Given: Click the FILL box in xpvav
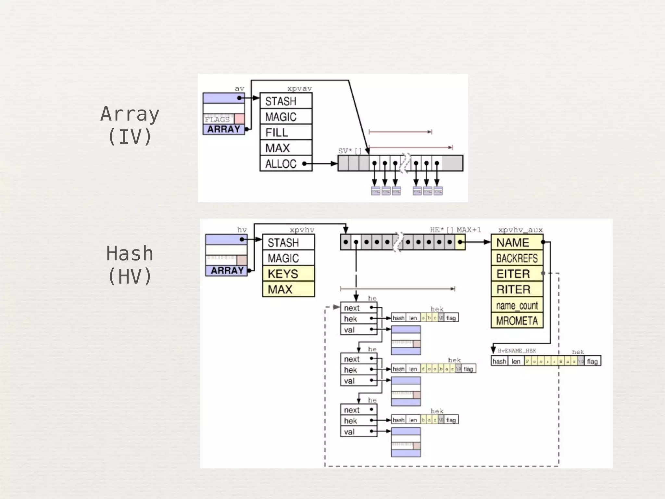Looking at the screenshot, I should [x=286, y=132].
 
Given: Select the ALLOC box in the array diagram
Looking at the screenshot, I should [x=286, y=163].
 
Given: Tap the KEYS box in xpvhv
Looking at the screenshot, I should [x=288, y=274].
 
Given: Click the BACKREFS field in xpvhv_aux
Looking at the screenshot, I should [x=517, y=258].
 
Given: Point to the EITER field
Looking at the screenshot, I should [x=517, y=274].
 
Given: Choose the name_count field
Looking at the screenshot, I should [x=517, y=305].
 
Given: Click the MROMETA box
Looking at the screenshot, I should [x=517, y=321].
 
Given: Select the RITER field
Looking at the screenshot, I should [x=517, y=289].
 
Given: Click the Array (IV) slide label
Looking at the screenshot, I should [x=130, y=125].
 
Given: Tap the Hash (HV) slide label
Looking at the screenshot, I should [x=130, y=265].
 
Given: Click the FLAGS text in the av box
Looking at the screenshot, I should [x=217, y=119].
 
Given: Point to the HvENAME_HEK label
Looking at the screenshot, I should [x=517, y=351].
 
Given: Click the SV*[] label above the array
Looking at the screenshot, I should [x=349, y=151].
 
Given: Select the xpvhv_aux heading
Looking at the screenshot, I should [x=521, y=230].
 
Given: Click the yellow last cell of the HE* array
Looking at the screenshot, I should [x=460, y=242].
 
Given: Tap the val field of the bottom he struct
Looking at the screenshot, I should [x=358, y=432].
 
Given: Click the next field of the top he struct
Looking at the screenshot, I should [x=358, y=308].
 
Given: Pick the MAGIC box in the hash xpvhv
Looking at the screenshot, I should [x=288, y=258].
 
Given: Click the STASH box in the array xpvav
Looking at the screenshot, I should [x=286, y=101].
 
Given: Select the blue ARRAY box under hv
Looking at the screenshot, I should [x=226, y=271].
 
